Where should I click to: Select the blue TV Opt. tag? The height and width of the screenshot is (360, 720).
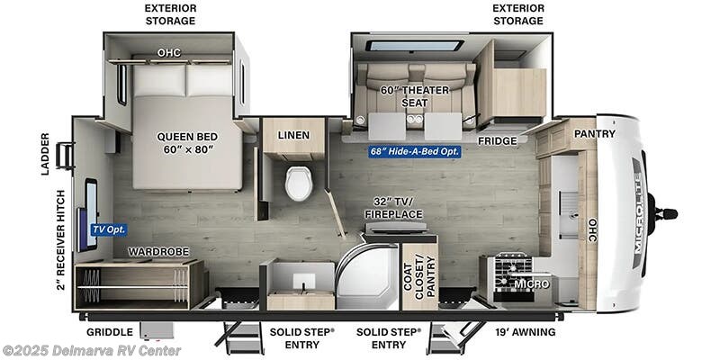pyautogui.click(x=107, y=229)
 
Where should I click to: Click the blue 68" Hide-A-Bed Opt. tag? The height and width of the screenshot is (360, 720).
pyautogui.click(x=415, y=151)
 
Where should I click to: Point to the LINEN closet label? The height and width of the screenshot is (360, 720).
pyautogui.click(x=293, y=135)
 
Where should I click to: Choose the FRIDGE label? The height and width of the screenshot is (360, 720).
pyautogui.click(x=497, y=140)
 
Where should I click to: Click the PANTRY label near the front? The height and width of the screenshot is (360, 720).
pyautogui.click(x=594, y=134)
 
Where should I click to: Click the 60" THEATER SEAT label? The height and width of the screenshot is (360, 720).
pyautogui.click(x=414, y=95)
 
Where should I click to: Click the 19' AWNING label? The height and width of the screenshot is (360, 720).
pyautogui.click(x=526, y=332)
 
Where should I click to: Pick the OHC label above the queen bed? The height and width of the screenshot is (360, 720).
pyautogui.click(x=169, y=52)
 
